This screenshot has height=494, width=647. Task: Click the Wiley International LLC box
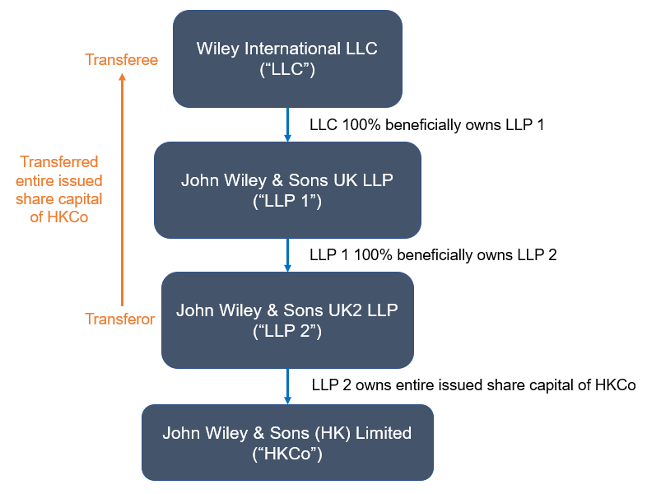coord(287,58)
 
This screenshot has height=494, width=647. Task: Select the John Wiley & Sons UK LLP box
coord(287,190)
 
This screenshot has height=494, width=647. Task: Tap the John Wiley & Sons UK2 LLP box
coord(287,320)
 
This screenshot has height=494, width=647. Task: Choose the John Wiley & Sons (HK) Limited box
coord(287,442)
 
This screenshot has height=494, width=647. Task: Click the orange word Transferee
coord(121,59)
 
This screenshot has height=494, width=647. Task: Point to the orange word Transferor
coord(120,319)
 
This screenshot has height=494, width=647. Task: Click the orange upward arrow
coord(122,189)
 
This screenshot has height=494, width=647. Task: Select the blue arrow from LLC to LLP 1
coord(287,124)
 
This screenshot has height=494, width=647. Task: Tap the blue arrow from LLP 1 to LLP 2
coord(287,254)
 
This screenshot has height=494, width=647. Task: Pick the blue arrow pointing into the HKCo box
coord(287,385)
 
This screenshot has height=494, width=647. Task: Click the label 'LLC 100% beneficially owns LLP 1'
coord(426,125)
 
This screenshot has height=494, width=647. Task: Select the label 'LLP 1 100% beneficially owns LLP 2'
coord(433,254)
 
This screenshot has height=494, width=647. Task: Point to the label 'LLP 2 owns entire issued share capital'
coord(473,384)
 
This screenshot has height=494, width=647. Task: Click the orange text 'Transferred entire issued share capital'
coord(60,189)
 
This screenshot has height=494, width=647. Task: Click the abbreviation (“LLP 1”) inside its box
coord(287,201)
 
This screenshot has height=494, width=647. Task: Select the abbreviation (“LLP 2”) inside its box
coord(287,331)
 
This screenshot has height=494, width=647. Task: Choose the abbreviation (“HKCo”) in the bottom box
coord(287,453)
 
